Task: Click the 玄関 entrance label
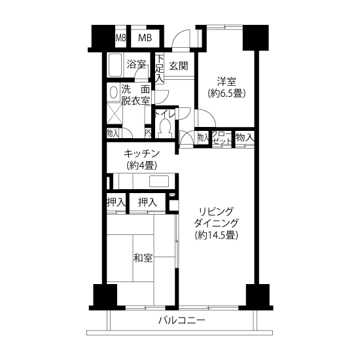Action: [179, 66]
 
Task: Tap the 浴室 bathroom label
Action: [136, 65]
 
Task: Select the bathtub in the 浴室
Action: [115, 65]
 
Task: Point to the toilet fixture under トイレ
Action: [164, 128]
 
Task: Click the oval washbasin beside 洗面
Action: [113, 92]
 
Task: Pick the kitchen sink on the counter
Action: [159, 181]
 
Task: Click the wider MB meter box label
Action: [145, 38]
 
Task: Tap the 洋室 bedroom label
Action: [226, 82]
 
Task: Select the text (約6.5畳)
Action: [226, 94]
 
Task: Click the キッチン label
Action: [141, 153]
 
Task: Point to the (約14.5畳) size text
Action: [217, 235]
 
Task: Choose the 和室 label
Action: [143, 258]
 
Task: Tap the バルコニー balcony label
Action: [181, 320]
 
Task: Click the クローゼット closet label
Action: [221, 137]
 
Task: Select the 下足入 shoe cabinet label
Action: [160, 69]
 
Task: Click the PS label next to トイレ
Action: [148, 134]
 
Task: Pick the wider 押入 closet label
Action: [147, 202]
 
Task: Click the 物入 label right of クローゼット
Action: [245, 138]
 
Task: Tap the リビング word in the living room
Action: [216, 211]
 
